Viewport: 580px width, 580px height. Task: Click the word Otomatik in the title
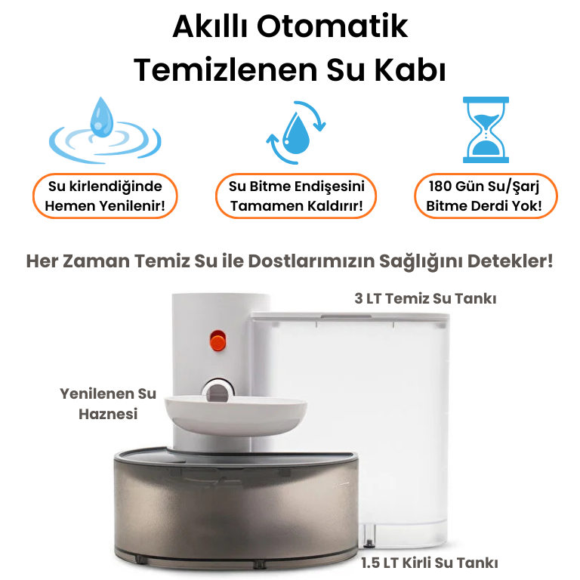[x=332, y=26]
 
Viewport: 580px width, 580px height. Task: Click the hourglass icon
[x=486, y=130]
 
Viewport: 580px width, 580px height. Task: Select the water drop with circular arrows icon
[x=296, y=132]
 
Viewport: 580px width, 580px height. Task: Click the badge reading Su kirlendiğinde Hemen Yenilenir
[x=105, y=196]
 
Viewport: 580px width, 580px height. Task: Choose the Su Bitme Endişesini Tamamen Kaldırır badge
[x=296, y=196]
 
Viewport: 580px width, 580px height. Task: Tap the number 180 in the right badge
[x=440, y=186]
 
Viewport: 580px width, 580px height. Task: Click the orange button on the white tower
[x=217, y=341]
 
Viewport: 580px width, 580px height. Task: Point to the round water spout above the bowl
[x=217, y=390]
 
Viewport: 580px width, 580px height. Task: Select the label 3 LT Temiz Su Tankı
[x=425, y=298]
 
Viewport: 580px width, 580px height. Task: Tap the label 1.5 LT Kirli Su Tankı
[x=430, y=563]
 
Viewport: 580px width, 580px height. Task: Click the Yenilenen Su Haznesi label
[x=108, y=404]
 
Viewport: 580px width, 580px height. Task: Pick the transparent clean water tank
[x=350, y=429]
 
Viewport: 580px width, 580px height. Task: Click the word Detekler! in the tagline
[x=510, y=261]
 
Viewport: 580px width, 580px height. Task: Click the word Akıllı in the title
[x=210, y=26]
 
